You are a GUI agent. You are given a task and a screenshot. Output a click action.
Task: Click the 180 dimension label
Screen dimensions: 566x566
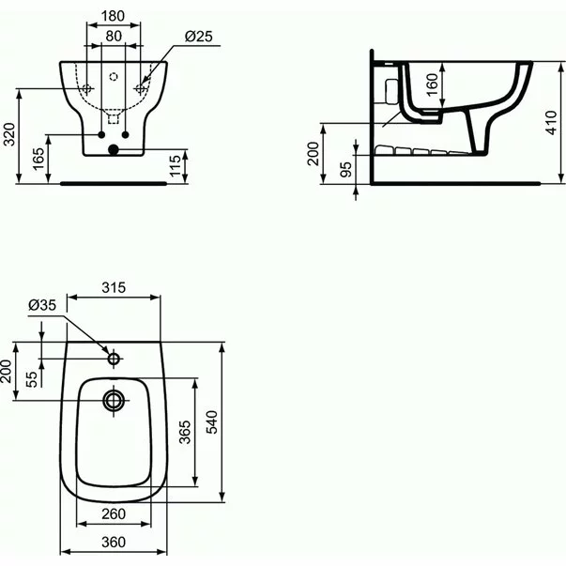pyautogui.click(x=114, y=16)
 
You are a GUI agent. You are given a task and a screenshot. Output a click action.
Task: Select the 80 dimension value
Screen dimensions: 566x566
pyautogui.click(x=114, y=37)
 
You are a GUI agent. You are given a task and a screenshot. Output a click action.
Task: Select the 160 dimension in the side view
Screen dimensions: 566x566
pyautogui.click(x=431, y=84)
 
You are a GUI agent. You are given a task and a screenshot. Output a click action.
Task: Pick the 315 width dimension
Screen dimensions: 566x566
pyautogui.click(x=114, y=288)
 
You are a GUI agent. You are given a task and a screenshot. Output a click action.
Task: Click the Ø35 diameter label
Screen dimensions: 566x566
pyautogui.click(x=42, y=305)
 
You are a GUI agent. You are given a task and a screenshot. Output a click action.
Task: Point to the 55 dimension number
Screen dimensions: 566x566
pyautogui.click(x=31, y=377)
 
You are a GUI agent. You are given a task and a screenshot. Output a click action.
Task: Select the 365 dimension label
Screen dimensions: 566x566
pyautogui.click(x=186, y=432)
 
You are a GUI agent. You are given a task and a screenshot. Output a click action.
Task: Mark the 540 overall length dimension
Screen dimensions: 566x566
pyautogui.click(x=212, y=422)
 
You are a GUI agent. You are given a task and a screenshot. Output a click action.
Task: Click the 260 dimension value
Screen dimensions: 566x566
pyautogui.click(x=114, y=513)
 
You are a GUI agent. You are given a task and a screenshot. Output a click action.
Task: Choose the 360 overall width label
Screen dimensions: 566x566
pyautogui.click(x=114, y=542)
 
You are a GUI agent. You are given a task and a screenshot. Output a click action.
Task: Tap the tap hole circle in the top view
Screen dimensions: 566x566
pyautogui.click(x=114, y=358)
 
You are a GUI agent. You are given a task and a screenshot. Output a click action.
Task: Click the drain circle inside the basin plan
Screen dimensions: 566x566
pyautogui.click(x=114, y=400)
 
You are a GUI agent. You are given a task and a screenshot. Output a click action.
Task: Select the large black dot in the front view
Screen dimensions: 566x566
pyautogui.click(x=114, y=148)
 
